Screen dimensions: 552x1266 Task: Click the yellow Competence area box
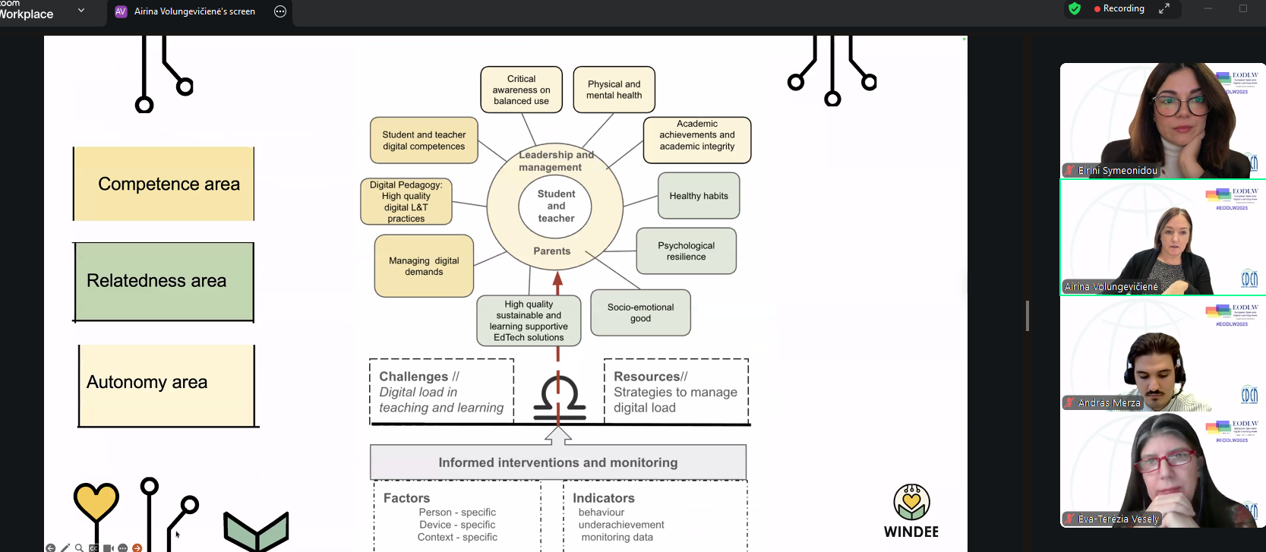[x=164, y=184]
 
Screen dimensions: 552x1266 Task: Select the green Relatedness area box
[x=164, y=282]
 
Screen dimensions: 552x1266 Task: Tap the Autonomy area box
[x=167, y=385]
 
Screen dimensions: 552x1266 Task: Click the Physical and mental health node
[x=614, y=90]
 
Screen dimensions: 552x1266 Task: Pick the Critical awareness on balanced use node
[x=521, y=90]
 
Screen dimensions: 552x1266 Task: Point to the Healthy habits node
[x=699, y=196]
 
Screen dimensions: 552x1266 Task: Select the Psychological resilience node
[x=686, y=251]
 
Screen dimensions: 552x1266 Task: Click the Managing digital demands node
[x=424, y=266]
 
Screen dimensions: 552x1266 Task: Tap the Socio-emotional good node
[x=640, y=313]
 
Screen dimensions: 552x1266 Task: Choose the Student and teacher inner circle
[x=556, y=206]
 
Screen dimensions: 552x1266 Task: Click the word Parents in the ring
[x=552, y=251]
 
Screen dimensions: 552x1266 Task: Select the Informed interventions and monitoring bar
[x=558, y=462]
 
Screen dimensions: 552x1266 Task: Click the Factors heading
[x=406, y=498]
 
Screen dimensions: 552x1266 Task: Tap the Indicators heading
[x=604, y=498]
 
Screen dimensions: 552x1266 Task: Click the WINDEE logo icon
[x=911, y=503]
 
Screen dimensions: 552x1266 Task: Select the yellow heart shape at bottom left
[x=96, y=501]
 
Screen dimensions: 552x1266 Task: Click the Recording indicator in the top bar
[x=1119, y=9]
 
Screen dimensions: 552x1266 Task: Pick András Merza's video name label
[x=1109, y=403]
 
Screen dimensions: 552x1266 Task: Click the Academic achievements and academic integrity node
[x=697, y=140]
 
